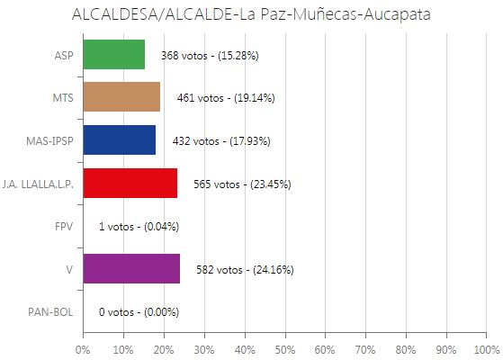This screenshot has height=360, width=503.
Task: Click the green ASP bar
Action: coord(113,55)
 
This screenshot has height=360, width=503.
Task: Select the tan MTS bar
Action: coord(121,97)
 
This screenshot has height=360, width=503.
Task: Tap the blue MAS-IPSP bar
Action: coord(119,140)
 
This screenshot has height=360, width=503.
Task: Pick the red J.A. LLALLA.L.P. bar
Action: coord(130,184)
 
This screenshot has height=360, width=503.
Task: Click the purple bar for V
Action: coord(130,269)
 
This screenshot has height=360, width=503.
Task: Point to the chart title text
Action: coord(251,15)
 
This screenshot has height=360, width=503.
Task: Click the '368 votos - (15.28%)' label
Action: coord(210,56)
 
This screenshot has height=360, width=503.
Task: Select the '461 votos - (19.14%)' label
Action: coord(226,98)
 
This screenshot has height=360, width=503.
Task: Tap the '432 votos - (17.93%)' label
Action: coord(220,141)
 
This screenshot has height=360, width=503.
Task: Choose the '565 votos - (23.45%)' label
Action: coord(242,184)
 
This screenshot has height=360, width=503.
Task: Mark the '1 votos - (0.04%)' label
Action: coord(139,227)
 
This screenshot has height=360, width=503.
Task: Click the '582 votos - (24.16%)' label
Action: coord(244,270)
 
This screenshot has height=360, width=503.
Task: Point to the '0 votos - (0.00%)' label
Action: coord(139,312)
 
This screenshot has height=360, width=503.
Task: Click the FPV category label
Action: coord(63,227)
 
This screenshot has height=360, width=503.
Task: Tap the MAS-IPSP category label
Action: coord(51,140)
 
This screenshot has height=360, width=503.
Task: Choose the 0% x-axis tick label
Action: coord(83,348)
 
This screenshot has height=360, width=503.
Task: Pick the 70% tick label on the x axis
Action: coord(365,348)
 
